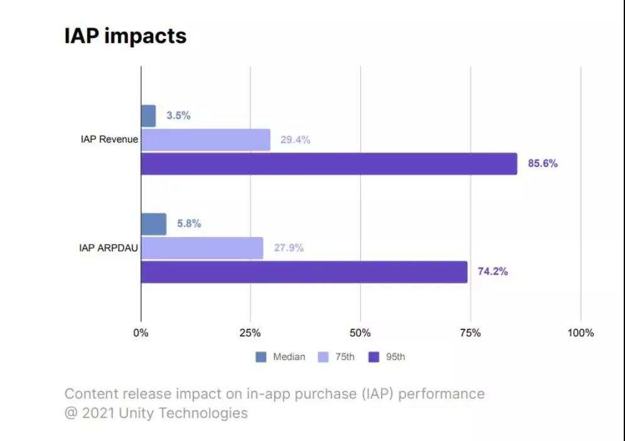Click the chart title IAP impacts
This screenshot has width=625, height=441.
tap(126, 36)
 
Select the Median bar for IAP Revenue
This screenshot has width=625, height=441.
tap(148, 116)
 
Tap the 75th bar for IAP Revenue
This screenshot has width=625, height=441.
tap(205, 140)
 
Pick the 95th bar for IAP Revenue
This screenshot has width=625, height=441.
tap(329, 164)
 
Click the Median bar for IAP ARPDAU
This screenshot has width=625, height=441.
tap(154, 224)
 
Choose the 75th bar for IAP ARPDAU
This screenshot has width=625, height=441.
tap(202, 248)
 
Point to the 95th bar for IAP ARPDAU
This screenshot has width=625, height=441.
tap(304, 272)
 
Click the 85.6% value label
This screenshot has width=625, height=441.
tap(543, 164)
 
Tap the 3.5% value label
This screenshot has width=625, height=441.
tap(178, 116)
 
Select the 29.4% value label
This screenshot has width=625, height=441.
tap(295, 140)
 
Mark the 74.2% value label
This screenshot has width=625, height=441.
tap(493, 272)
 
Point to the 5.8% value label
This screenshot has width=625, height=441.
tap(189, 224)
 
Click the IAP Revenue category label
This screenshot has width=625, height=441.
tap(109, 139)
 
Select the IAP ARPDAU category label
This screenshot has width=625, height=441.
tap(108, 248)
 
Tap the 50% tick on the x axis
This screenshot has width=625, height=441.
tap(360, 333)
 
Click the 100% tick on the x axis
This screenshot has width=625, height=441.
tap(580, 333)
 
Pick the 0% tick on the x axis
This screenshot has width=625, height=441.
tap(141, 333)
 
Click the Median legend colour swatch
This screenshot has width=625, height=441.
tap(261, 358)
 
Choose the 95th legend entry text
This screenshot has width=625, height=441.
tap(395, 358)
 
